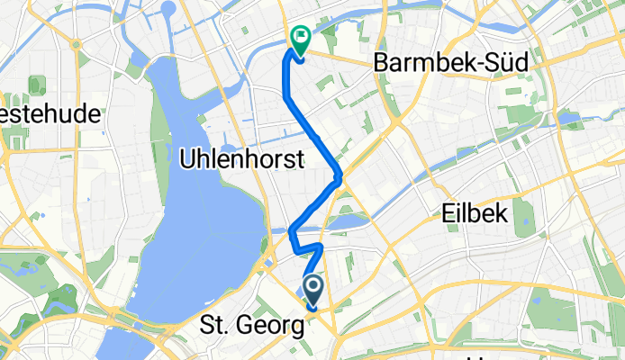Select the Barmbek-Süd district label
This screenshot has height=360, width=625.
435,66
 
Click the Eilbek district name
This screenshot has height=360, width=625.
476,212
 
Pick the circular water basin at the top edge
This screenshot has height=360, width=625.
169,11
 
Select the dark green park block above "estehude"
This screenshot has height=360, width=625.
37,86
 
